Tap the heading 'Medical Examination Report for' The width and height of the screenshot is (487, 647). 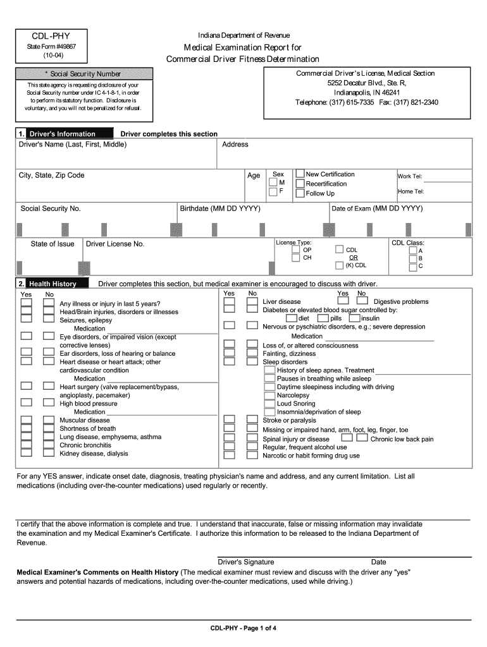(242, 48)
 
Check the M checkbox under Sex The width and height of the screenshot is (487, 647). (273, 183)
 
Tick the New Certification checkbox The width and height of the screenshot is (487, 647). (300, 174)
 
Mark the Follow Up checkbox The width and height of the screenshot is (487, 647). (300, 193)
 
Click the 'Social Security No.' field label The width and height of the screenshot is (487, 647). (51, 209)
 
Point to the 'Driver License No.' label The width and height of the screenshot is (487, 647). (115, 244)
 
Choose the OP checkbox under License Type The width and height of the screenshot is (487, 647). (296, 250)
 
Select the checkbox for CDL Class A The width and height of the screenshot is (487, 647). (412, 250)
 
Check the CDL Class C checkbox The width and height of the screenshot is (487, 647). (412, 267)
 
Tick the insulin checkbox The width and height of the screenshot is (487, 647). (354, 318)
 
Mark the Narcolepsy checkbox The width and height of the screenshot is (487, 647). (269, 395)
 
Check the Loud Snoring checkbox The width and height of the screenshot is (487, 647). (269, 403)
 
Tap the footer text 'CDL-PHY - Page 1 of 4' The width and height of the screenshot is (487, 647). (244, 628)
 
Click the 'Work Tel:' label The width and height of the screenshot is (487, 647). (410, 177)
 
